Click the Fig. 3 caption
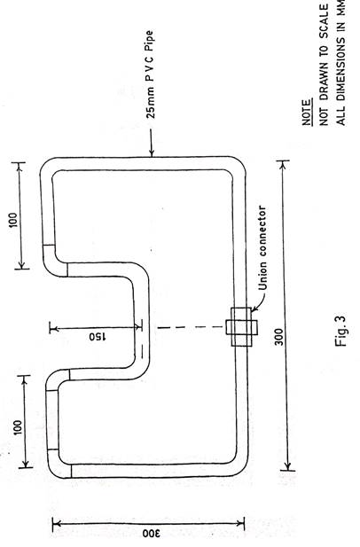point(340,331)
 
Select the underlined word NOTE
point(306,113)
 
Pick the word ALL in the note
point(340,114)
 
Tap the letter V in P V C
point(150,70)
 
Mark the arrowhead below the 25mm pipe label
point(152,152)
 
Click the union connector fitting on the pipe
point(242,327)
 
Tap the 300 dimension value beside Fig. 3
point(279,337)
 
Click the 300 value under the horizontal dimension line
point(151,534)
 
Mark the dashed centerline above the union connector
point(192,327)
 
